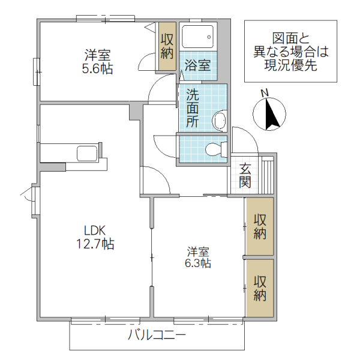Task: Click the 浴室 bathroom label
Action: pyautogui.click(x=197, y=65)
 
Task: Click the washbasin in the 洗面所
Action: pyautogui.click(x=220, y=119)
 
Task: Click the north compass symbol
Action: pyautogui.click(x=271, y=115)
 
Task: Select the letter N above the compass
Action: pyautogui.click(x=265, y=93)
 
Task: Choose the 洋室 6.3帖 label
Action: pyautogui.click(x=197, y=256)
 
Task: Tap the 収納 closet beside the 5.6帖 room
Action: pyautogui.click(x=167, y=46)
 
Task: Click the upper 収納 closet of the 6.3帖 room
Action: pyautogui.click(x=259, y=226)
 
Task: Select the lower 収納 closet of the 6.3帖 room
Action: pyautogui.click(x=259, y=288)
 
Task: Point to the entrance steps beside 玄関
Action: pyautogui.click(x=266, y=174)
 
